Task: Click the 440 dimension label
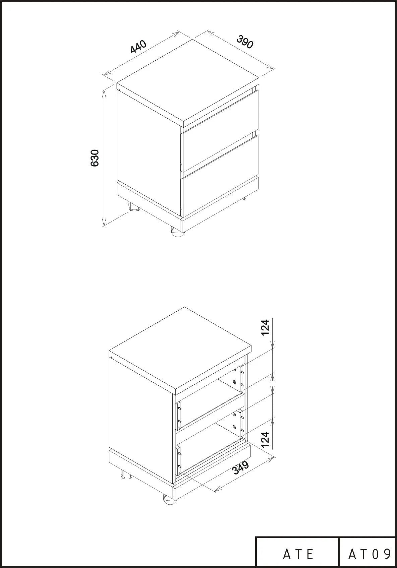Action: [x=138, y=47]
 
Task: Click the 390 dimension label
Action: [x=245, y=42]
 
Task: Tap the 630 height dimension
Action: [x=94, y=158]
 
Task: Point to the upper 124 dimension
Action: [x=265, y=327]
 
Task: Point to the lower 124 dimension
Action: [x=265, y=439]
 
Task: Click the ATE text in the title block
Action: [x=298, y=554]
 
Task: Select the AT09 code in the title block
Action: [x=369, y=554]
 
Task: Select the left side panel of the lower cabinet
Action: [x=141, y=420]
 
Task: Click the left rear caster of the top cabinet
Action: [x=134, y=207]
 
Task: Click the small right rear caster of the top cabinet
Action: [x=244, y=198]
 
